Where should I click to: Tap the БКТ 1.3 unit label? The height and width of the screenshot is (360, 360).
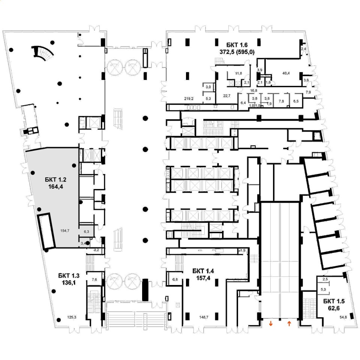coord(69,279)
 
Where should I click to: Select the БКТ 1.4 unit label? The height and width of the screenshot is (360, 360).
coord(203,274)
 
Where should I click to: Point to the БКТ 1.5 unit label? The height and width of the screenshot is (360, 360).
coord(334,304)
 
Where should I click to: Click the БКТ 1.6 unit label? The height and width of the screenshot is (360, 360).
coord(237,48)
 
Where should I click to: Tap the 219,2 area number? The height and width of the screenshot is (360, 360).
coord(189,99)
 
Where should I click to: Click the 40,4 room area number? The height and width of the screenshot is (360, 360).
coord(286,73)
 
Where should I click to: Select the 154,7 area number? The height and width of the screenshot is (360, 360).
coord(65,231)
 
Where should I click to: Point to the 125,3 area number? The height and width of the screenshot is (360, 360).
coord(72,317)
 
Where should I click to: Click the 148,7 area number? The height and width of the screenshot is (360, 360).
coord(204,317)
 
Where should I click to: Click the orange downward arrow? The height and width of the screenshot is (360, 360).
coord(271,324)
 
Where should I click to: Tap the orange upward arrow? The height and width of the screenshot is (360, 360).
coord(289,324)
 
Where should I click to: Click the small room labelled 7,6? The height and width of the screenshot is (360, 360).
coord(94,279)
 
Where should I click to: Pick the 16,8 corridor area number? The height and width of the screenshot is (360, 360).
coord(253,90)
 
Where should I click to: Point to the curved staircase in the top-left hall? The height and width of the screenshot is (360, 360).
coord(43,53)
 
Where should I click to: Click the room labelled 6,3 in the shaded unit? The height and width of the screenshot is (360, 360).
coord(86,232)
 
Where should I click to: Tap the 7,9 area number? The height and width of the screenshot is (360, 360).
coord(308,92)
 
